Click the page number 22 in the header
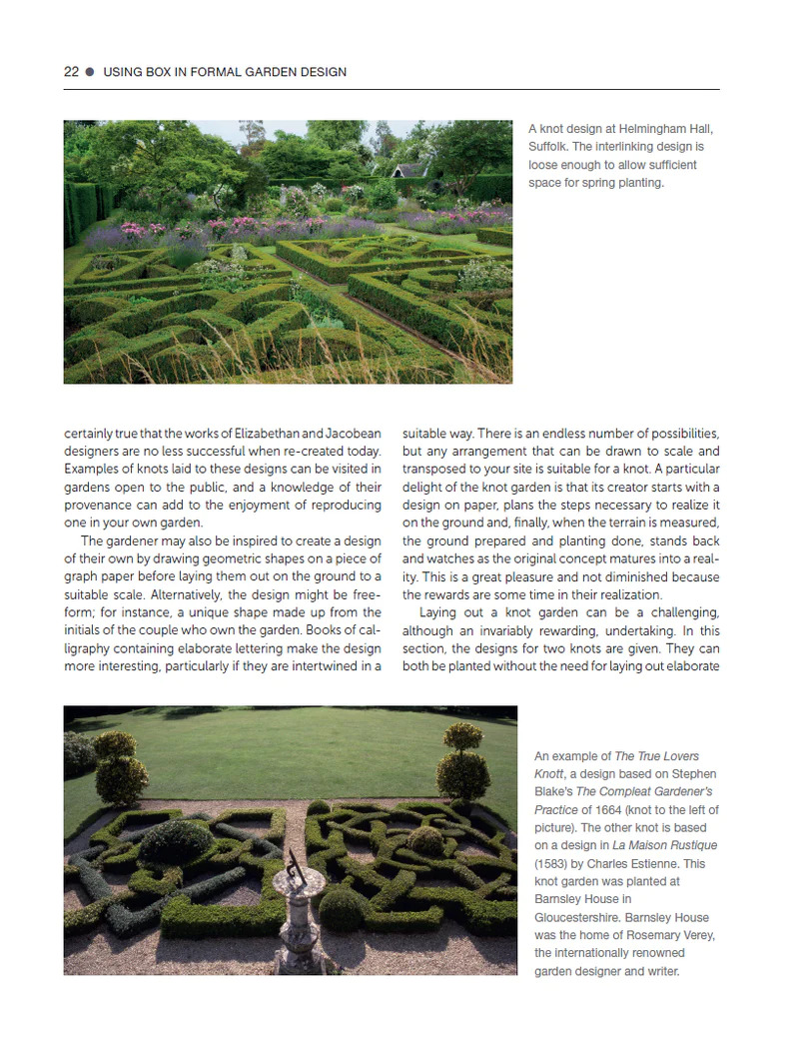[x=71, y=72]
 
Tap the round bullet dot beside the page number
[x=90, y=72]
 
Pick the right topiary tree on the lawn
[x=462, y=764]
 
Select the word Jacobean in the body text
[x=353, y=433]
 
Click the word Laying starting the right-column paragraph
[x=437, y=612]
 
